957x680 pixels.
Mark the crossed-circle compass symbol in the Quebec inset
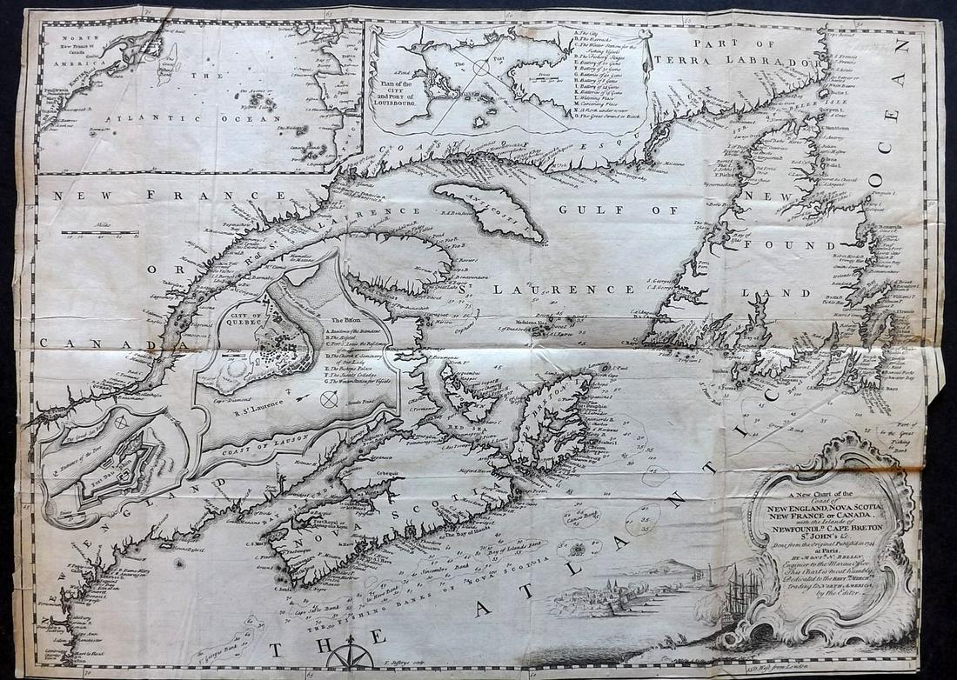(x=328, y=399)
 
